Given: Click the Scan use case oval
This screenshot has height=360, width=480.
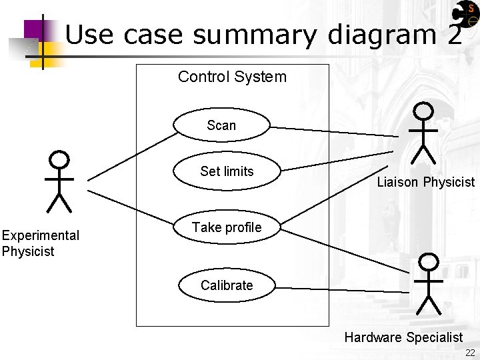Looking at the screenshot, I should [221, 125].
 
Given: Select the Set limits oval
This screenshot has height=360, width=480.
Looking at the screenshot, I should [227, 171].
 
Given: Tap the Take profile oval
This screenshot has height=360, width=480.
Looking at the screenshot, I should [227, 227].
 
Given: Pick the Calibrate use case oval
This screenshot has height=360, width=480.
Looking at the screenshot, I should [227, 285].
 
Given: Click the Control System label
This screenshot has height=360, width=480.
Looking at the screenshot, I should [232, 77].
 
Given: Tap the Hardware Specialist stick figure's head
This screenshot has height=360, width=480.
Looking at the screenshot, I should [427, 262].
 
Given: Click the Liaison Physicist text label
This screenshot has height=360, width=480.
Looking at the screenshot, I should [425, 182].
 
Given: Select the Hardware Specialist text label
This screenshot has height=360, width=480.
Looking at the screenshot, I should [403, 337].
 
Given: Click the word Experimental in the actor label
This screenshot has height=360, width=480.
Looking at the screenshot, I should [40, 235].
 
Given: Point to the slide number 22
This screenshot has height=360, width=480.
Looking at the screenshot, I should [470, 353].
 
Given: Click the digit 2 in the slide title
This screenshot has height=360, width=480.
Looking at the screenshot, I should [454, 35].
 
